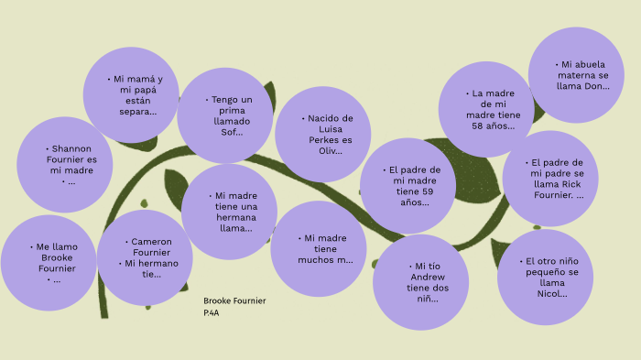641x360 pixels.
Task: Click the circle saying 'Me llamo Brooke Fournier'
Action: point(49,263)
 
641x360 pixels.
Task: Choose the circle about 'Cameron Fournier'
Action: point(145,257)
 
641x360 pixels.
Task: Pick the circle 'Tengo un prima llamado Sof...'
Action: point(225,115)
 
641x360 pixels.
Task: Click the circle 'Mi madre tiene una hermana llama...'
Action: point(229,212)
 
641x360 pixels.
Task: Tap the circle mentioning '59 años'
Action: point(407,186)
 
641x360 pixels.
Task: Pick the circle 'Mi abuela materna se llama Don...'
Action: point(577,75)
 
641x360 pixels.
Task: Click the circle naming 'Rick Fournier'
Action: point(550,179)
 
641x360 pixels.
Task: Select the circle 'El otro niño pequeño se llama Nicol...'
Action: point(545,278)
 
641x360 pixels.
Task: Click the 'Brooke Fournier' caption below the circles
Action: point(234,301)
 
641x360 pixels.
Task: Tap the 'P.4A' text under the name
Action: point(212,313)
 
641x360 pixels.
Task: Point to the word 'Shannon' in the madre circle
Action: point(71,148)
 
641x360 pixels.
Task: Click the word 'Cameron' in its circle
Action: point(151,242)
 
